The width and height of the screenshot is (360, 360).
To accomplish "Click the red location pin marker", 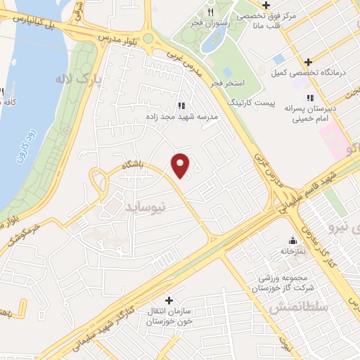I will pos(181,165).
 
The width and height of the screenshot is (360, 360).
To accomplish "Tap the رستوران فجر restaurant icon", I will pos(210,13).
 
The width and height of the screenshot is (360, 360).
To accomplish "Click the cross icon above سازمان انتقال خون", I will pos(168,300).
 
